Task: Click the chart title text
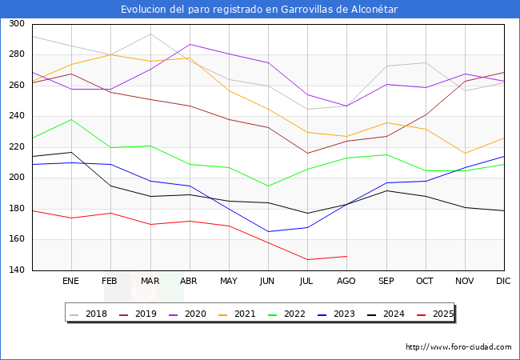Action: click(259, 9)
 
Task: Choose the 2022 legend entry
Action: click(292, 314)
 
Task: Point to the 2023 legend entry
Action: click(342, 314)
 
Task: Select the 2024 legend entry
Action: click(391, 314)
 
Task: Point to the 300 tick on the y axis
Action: click(16, 24)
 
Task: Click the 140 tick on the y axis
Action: click(16, 270)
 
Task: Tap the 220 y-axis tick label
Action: click(16, 147)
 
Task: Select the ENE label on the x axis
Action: click(71, 282)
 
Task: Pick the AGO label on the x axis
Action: click(346, 282)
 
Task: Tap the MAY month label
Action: click(229, 282)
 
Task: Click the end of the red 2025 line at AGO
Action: click(346, 256)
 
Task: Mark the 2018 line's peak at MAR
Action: click(150, 34)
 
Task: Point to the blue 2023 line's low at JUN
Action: click(268, 232)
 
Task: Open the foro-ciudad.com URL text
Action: click(458, 347)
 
